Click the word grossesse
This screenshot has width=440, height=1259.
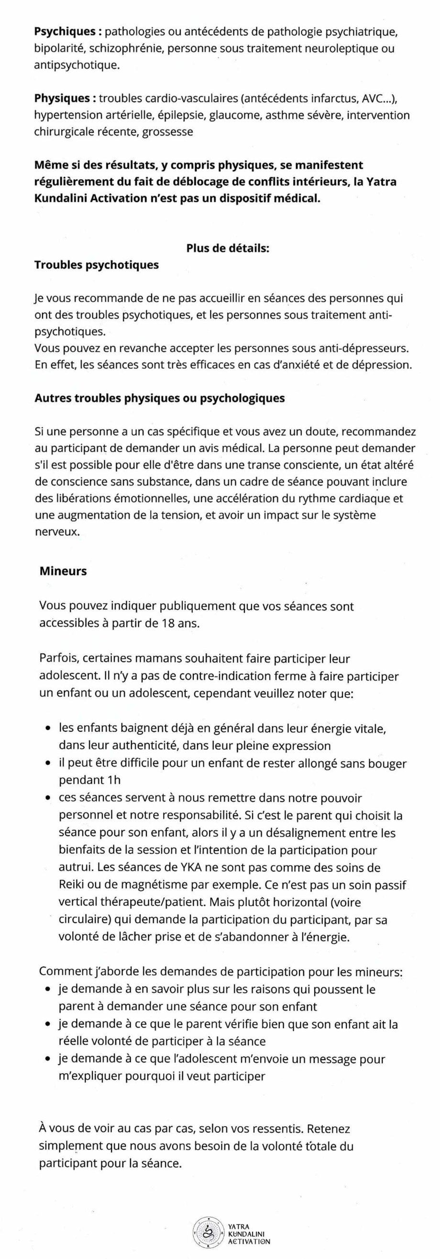point(168,132)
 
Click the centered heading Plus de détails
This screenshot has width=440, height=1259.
point(228,248)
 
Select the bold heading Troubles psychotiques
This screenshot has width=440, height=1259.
point(96,265)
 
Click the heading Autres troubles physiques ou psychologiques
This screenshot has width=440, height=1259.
point(159,398)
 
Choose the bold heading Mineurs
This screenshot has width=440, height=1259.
point(63,571)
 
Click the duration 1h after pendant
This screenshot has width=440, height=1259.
point(113,780)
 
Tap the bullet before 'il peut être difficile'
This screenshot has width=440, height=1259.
point(48,763)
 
